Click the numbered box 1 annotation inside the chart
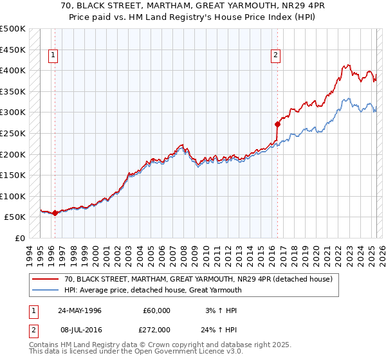(53, 56)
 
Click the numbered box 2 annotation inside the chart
(275, 56)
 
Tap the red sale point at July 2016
(277, 123)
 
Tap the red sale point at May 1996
(55, 213)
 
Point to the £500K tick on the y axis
(13, 29)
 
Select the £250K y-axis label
(13, 133)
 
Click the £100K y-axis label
(13, 196)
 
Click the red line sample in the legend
(45, 279)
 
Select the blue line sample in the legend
(45, 289)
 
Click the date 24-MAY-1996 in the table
(80, 310)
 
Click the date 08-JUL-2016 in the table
(80, 329)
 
